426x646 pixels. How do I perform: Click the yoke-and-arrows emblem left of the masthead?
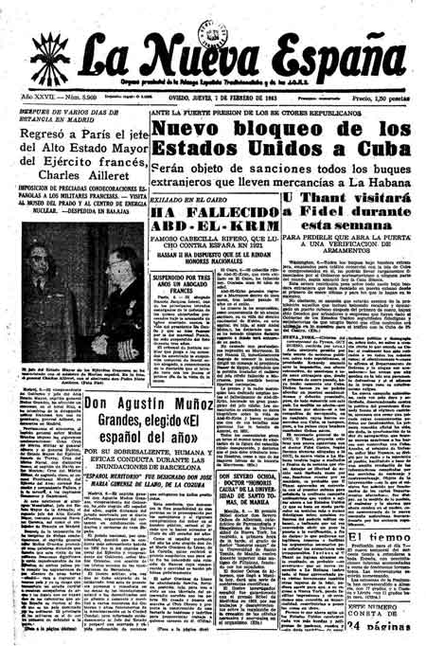point(43,47)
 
